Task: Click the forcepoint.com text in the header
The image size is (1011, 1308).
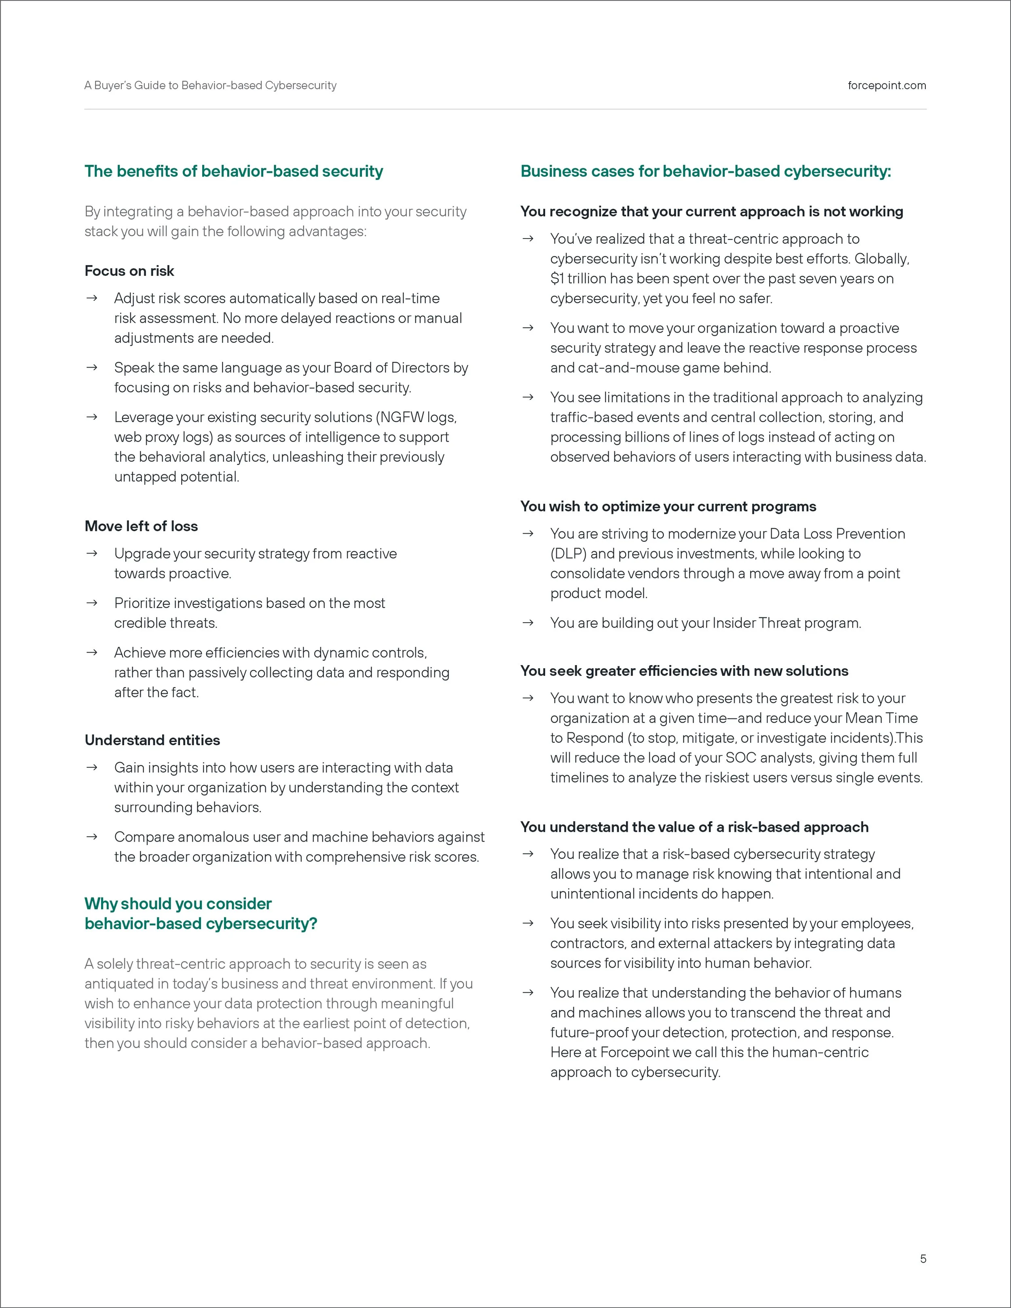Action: point(886,86)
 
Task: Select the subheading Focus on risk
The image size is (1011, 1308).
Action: point(129,271)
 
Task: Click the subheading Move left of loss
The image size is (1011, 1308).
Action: point(142,526)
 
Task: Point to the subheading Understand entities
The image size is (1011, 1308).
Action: point(152,740)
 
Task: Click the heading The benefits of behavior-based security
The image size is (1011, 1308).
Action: point(234,171)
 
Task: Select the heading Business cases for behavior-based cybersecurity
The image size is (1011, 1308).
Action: point(706,171)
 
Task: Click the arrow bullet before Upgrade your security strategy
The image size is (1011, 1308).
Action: point(92,554)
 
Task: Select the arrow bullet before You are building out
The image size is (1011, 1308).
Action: point(528,623)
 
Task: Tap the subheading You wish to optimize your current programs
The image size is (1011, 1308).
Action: point(668,507)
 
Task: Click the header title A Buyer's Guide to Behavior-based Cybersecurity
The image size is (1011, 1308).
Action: point(210,86)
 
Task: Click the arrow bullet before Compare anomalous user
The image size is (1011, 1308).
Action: point(92,837)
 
